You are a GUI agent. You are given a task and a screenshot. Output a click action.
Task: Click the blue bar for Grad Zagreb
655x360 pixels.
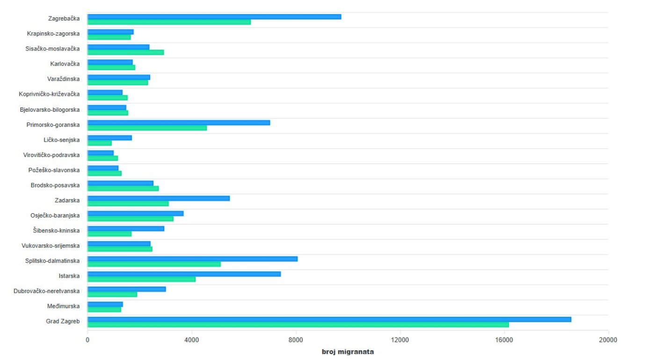coord(329,319)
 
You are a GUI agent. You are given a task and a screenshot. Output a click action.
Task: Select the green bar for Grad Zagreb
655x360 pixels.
coord(298,324)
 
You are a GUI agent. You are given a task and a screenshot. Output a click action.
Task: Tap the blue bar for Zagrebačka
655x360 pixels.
coord(214,17)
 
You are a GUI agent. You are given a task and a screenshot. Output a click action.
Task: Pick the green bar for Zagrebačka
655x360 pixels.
coord(169,22)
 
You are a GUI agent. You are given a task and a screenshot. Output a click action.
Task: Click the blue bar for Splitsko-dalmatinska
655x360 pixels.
coord(193,259)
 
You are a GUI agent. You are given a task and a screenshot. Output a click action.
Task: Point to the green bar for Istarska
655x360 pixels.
coord(141,280)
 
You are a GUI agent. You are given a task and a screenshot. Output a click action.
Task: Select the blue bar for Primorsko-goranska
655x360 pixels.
coord(179,122)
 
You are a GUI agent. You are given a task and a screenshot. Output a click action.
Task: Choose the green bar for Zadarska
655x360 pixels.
coord(128,204)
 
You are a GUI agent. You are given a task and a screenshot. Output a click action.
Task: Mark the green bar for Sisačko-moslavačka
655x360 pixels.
coord(126,52)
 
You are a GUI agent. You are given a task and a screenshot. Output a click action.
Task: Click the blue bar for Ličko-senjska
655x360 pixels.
coord(109,138)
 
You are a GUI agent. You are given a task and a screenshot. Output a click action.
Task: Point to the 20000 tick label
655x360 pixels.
coord(608,340)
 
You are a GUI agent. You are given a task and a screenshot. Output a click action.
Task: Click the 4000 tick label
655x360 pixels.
coord(191,340)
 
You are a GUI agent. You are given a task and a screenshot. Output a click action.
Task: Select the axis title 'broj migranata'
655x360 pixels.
coord(348,352)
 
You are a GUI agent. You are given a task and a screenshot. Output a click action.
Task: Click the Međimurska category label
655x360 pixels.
coord(63,306)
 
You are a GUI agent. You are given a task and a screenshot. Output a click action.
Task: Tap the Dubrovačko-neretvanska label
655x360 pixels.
coord(46,291)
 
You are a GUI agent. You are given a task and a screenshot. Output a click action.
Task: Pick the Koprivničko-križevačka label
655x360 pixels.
coord(49,94)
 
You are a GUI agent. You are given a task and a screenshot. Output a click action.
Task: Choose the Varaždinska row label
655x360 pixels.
coord(63,79)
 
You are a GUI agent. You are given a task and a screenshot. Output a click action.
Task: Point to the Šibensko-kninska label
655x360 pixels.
coord(56,230)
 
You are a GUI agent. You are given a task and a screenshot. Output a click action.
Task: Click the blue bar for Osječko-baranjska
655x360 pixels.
coord(136,214)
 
